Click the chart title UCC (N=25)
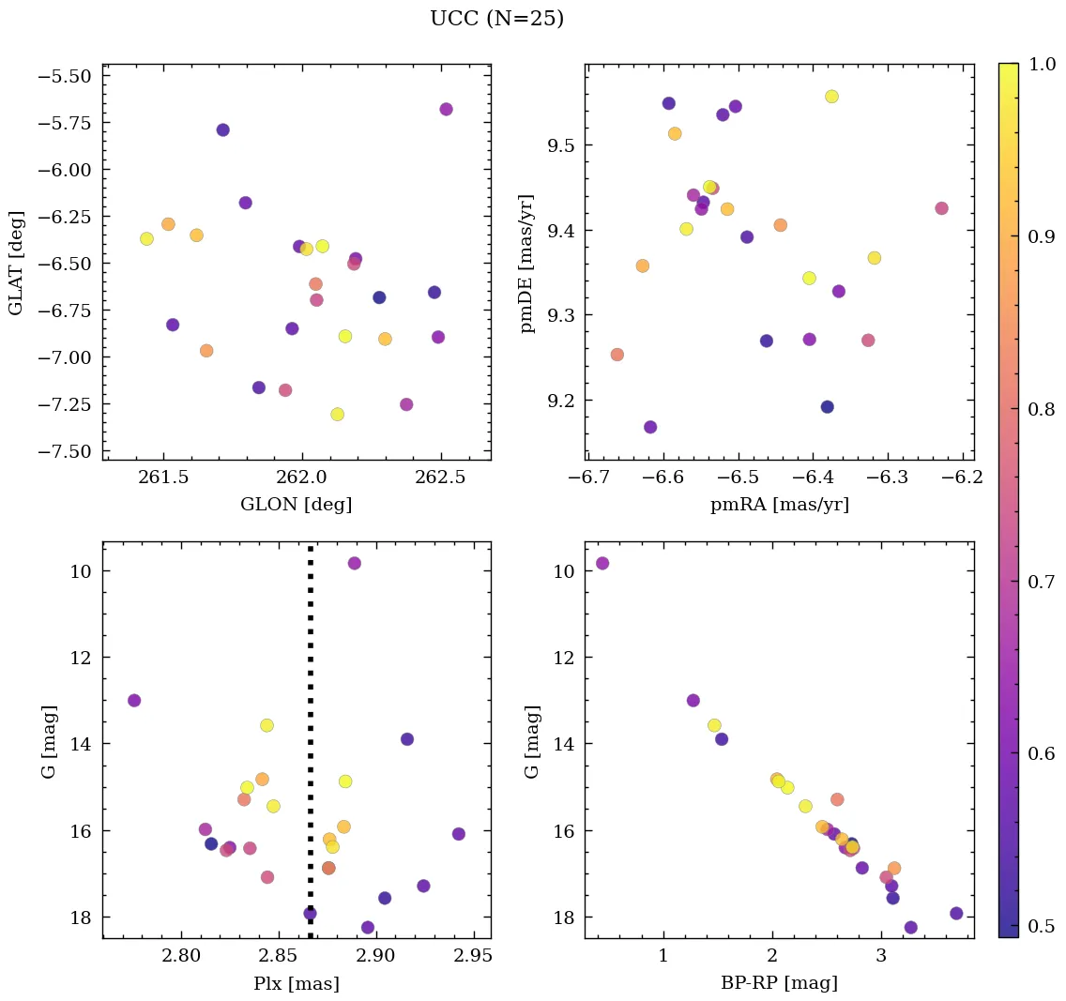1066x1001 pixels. pyautogui.click(x=496, y=19)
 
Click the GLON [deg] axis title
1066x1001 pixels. pyautogui.click(x=297, y=504)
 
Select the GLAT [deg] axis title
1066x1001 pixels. pyautogui.click(x=16, y=262)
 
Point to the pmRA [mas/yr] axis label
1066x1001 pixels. pyautogui.click(x=779, y=504)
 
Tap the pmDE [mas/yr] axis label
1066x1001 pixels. pyautogui.click(x=527, y=262)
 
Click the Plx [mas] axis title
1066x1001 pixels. pyautogui.click(x=297, y=983)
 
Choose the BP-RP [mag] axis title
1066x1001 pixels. pyautogui.click(x=779, y=983)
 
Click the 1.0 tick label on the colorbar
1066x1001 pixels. pyautogui.click(x=1042, y=64)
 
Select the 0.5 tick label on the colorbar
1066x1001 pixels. pyautogui.click(x=1042, y=927)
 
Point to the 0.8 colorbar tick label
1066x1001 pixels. pyautogui.click(x=1042, y=409)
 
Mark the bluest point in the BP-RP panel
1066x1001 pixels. pyautogui.click(x=602, y=563)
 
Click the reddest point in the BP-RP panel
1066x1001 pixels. pyautogui.click(x=956, y=914)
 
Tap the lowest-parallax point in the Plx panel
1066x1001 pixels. pyautogui.click(x=134, y=701)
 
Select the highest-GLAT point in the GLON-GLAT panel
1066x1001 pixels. pyautogui.click(x=446, y=110)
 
